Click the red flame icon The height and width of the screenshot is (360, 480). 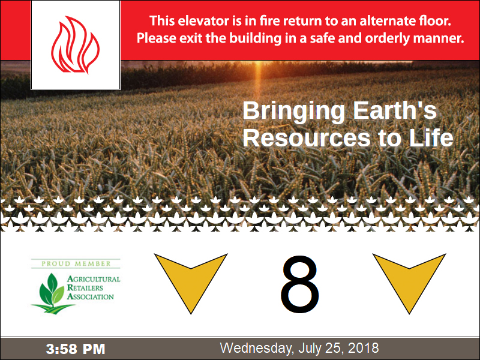[75, 44]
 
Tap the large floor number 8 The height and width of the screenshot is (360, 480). [299, 284]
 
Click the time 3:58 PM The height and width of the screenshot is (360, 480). [76, 349]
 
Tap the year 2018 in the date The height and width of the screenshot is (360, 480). [364, 348]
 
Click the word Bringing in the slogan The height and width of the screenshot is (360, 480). [294, 112]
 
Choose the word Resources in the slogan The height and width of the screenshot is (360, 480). [307, 138]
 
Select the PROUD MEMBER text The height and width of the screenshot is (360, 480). [76, 263]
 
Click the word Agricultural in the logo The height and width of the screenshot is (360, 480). [94, 279]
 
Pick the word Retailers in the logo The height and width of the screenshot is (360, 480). [85, 288]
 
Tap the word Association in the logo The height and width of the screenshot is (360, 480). [91, 296]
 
